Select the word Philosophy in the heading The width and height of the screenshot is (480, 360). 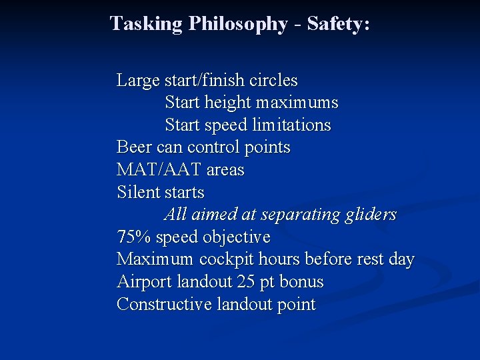[x=238, y=24]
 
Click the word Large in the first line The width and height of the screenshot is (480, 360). [x=138, y=81]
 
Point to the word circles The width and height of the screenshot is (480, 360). [x=273, y=81]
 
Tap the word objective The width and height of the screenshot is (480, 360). [x=237, y=237]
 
